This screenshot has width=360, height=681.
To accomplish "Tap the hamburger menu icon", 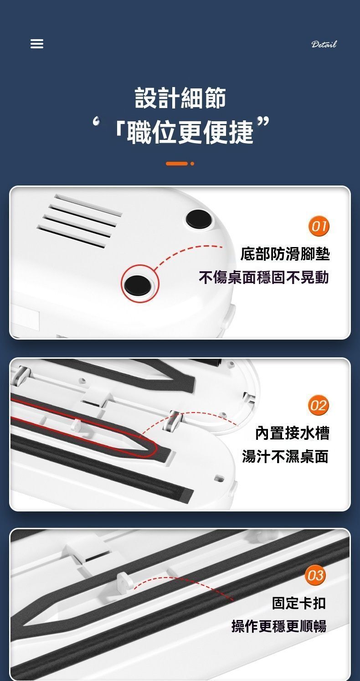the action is [37, 44].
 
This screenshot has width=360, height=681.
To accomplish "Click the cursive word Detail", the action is [324, 44].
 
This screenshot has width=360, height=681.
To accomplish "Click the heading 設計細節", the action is [180, 98].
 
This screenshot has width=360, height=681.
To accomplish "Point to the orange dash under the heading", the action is [177, 164].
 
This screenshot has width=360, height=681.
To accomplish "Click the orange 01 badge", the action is [319, 226].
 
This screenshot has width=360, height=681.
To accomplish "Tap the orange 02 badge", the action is [319, 405].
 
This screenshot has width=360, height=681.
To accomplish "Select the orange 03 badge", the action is [315, 575].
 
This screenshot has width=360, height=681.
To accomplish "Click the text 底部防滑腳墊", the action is [285, 254].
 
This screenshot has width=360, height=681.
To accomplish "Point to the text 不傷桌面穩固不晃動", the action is [264, 278].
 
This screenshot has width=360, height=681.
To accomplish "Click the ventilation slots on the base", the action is [79, 221].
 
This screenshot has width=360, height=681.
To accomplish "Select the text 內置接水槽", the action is [292, 433].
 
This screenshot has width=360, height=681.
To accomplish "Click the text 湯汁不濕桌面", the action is [285, 456].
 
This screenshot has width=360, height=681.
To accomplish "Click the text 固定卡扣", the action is [299, 603].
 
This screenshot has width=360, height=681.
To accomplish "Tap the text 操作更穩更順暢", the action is [279, 626].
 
